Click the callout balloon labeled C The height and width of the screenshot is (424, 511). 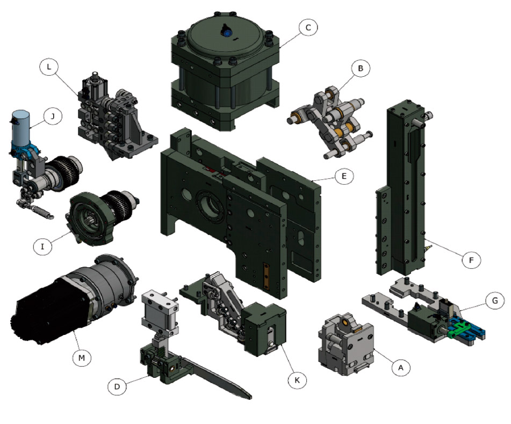(308, 27)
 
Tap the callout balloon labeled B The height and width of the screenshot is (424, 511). (361, 68)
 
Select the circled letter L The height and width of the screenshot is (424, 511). (49, 67)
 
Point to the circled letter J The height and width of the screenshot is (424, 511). (53, 116)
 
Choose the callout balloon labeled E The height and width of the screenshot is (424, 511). (344, 176)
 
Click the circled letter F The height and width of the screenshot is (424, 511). (471, 260)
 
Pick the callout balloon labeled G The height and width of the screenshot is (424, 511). (495, 301)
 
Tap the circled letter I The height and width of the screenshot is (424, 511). (42, 246)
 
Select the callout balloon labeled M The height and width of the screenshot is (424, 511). (82, 357)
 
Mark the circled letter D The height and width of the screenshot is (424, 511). (117, 386)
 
